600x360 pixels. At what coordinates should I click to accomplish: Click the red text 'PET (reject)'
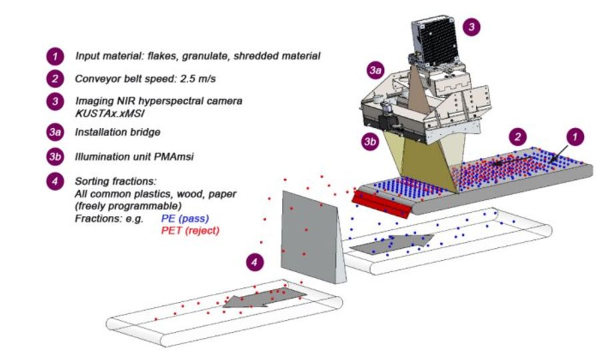[x=190, y=230]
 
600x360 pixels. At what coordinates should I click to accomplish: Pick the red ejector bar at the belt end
[x=380, y=203]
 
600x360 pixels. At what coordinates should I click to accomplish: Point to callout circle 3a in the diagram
[x=375, y=70]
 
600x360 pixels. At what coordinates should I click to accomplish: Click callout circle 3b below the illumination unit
[x=370, y=141]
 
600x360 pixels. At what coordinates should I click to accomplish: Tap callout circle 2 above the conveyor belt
[x=517, y=137]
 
